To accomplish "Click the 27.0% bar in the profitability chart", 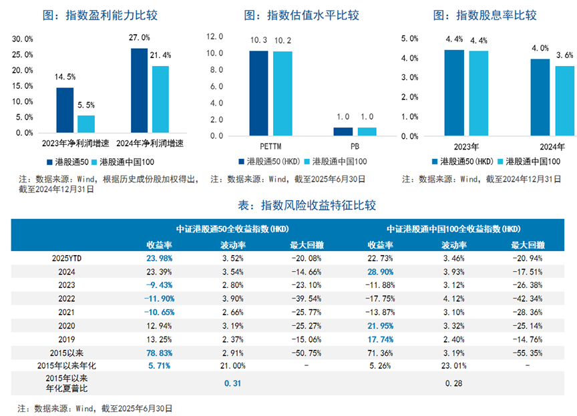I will point(139,90).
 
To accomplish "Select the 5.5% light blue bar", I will point(86,124).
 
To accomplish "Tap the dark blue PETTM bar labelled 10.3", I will point(258,93).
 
